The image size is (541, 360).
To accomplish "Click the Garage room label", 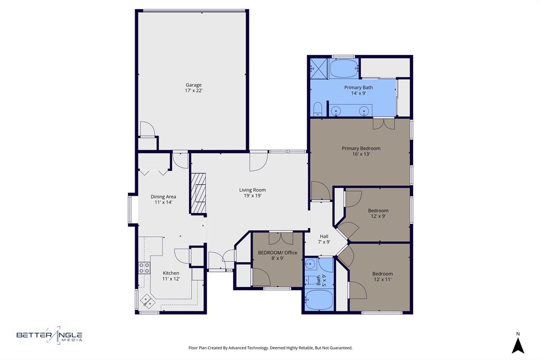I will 193,85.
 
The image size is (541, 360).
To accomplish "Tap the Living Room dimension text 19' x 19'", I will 252,195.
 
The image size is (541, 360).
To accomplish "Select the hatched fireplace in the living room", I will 198,193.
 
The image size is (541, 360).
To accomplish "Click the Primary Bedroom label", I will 361,148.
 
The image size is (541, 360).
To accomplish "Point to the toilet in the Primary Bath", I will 318,109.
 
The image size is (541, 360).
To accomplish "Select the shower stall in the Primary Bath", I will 319,67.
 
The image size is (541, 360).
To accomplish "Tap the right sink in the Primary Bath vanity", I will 364,111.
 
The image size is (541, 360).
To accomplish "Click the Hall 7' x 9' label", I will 324,239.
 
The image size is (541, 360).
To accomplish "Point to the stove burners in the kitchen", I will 143,267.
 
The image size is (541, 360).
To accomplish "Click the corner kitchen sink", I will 147,301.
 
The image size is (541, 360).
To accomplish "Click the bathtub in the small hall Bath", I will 319,301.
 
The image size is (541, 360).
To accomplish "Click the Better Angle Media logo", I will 49,335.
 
